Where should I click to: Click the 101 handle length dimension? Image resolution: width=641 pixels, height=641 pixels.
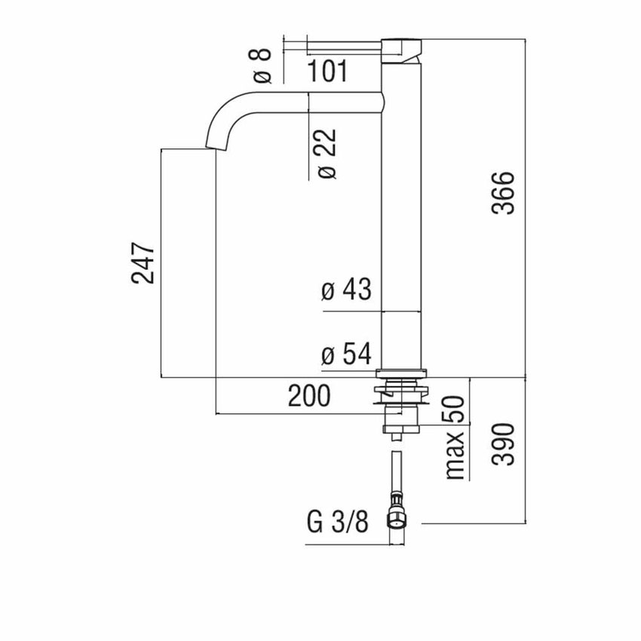point(327,72)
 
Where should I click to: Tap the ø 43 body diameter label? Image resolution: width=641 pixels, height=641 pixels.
point(346,290)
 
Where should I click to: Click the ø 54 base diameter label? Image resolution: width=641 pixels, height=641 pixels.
point(346,354)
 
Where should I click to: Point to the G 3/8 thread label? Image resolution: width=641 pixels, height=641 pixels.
point(338,520)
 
